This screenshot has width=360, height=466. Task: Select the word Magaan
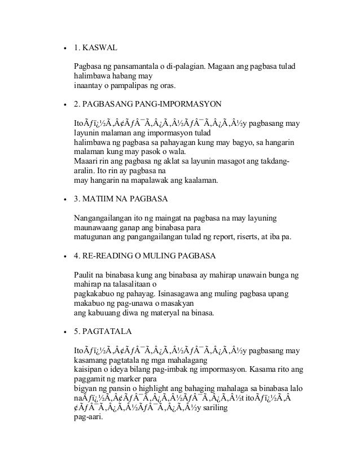point(225,68)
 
